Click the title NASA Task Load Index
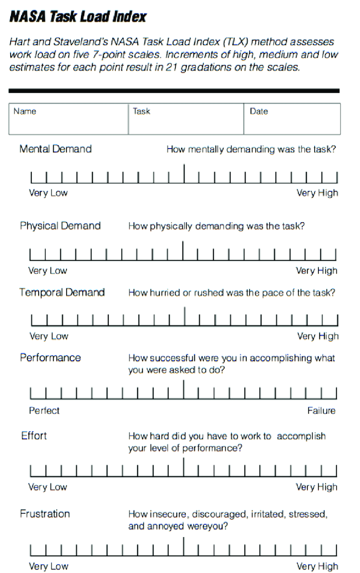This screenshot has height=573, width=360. pyautogui.click(x=78, y=17)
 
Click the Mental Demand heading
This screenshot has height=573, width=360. pyautogui.click(x=55, y=149)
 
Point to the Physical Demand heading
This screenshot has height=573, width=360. pyautogui.click(x=60, y=226)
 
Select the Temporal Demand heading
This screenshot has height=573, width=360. pyautogui.click(x=62, y=292)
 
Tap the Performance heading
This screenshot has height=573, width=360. pyautogui.click(x=50, y=358)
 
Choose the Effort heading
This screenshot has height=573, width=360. pyautogui.click(x=34, y=435)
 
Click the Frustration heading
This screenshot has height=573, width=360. pyautogui.click(x=45, y=514)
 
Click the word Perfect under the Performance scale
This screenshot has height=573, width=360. pyautogui.click(x=44, y=410)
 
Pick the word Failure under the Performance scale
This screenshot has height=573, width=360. pyautogui.click(x=321, y=410)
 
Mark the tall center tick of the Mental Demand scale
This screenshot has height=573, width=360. pyautogui.click(x=184, y=174)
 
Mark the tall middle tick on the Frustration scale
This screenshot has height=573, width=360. pyautogui.click(x=184, y=546)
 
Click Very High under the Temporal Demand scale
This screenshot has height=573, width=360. pyautogui.click(x=318, y=336)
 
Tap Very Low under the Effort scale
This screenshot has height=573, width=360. pyautogui.click(x=47, y=487)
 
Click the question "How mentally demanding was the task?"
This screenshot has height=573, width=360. pyautogui.click(x=251, y=149)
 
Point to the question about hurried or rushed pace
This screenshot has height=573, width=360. pyautogui.click(x=232, y=293)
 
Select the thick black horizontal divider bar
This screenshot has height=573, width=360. pyautogui.click(x=174, y=91)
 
